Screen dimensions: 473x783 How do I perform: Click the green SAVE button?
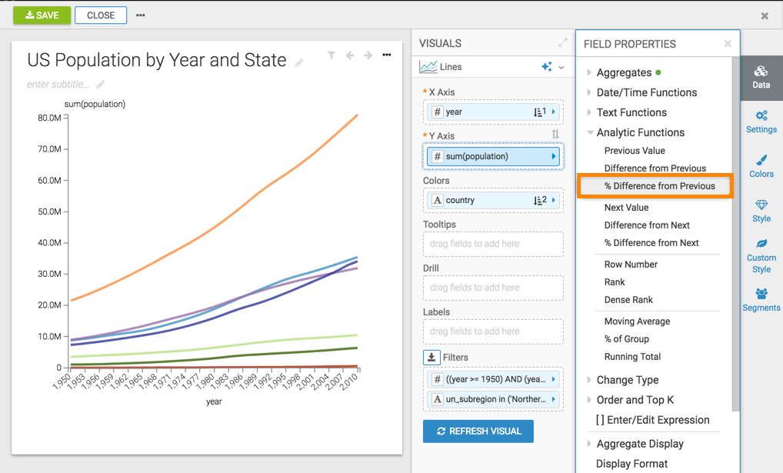[42, 15]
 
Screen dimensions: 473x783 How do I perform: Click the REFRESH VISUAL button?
[478, 431]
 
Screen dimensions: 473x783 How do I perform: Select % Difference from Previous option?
[659, 186]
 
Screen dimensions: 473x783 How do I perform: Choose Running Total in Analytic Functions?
[632, 357]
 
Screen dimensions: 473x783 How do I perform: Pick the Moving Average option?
[637, 321]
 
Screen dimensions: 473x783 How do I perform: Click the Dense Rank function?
[628, 300]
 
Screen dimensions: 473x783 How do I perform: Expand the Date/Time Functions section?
[646, 92]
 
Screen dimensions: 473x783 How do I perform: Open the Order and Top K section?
[635, 400]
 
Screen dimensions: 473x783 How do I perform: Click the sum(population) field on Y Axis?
[492, 156]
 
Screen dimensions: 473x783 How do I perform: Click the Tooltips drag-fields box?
[492, 244]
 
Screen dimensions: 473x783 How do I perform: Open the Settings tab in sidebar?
[761, 122]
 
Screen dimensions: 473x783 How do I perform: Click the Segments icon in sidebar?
[761, 300]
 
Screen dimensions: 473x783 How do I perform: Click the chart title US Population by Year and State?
[157, 61]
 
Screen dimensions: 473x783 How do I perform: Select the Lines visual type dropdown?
[492, 67]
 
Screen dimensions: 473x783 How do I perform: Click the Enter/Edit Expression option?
[652, 420]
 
